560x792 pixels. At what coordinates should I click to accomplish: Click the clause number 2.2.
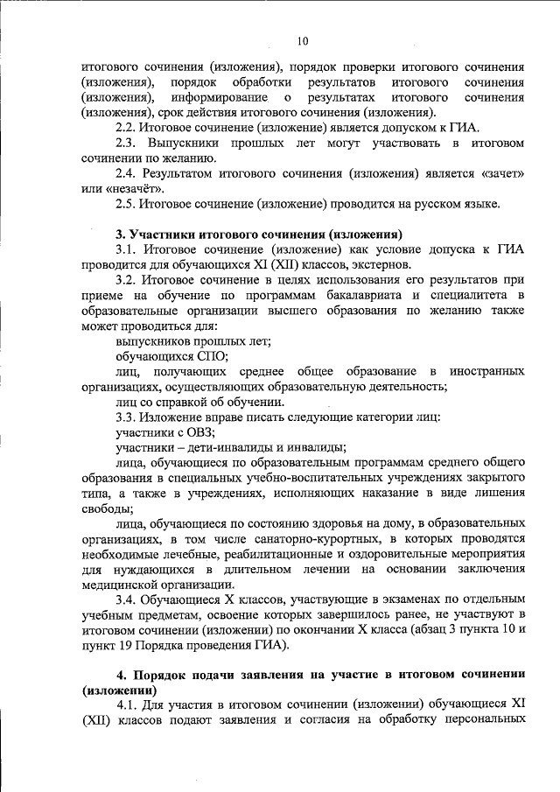pyautogui.click(x=127, y=127)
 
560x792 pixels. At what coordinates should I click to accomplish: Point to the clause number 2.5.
pyautogui.click(x=127, y=205)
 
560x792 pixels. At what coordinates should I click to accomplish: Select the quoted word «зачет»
pyautogui.click(x=501, y=173)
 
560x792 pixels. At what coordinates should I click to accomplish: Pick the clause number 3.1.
pyautogui.click(x=127, y=250)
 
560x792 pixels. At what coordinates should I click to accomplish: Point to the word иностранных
pyautogui.click(x=488, y=371)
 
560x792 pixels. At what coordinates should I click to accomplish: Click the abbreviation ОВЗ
pyautogui.click(x=199, y=432)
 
